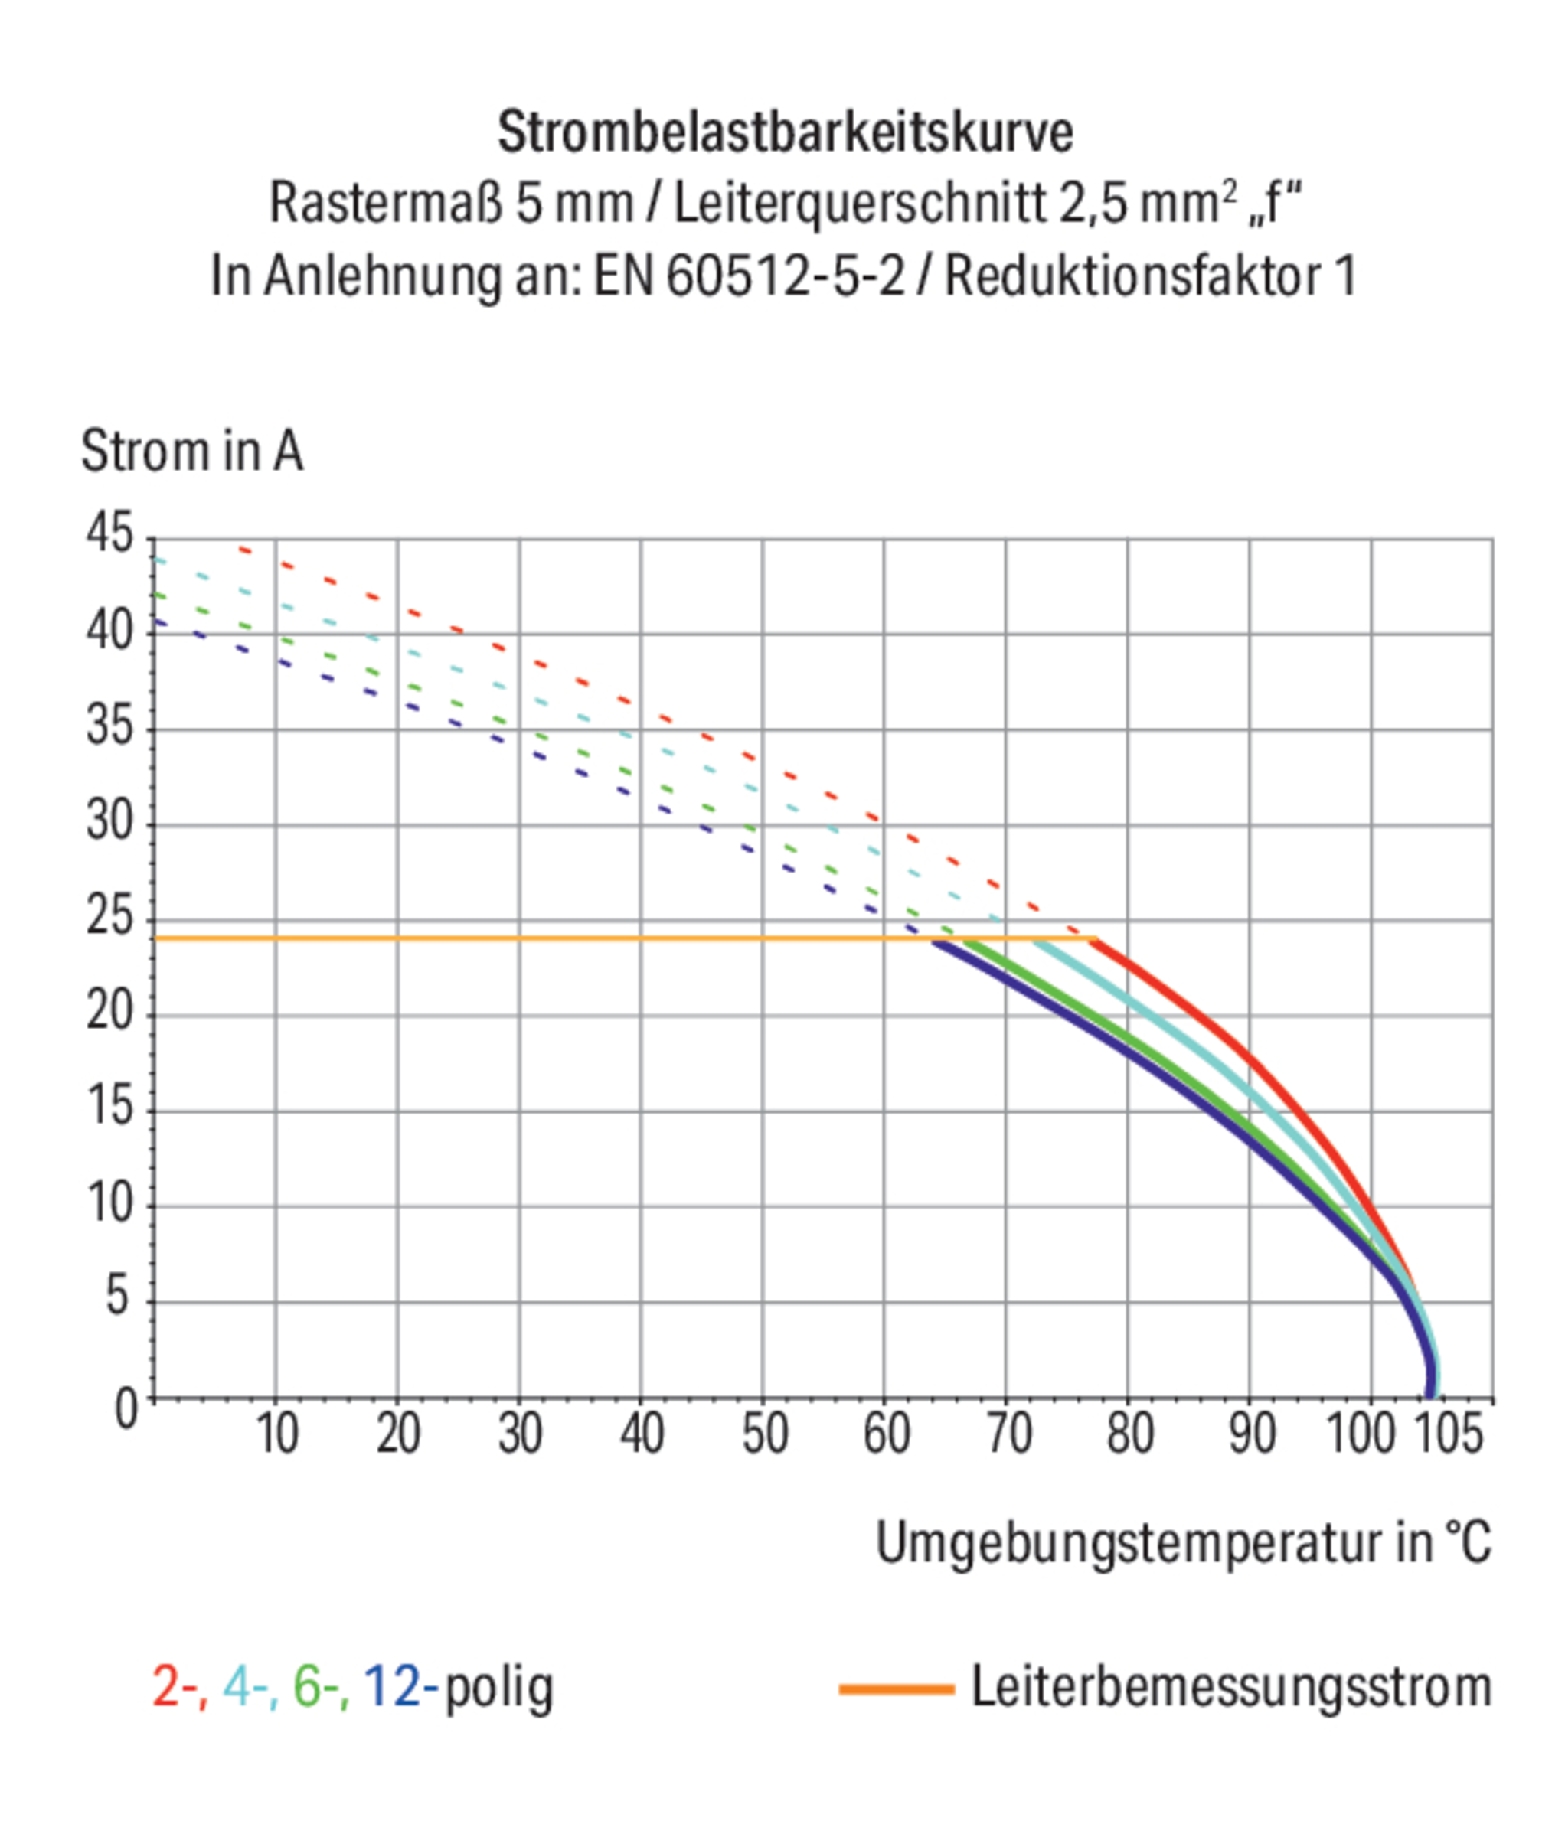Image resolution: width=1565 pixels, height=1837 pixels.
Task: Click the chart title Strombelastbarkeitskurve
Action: tap(784, 133)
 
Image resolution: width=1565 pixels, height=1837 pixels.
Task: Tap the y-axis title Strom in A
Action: tap(191, 452)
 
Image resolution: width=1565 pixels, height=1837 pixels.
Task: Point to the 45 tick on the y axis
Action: tap(109, 533)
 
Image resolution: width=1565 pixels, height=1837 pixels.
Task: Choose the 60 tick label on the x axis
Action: tap(886, 1434)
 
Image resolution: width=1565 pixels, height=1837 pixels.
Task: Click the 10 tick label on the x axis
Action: tap(276, 1434)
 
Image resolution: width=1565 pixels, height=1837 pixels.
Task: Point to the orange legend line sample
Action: tap(896, 1690)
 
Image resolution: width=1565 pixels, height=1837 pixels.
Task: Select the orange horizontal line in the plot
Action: tap(532, 938)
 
